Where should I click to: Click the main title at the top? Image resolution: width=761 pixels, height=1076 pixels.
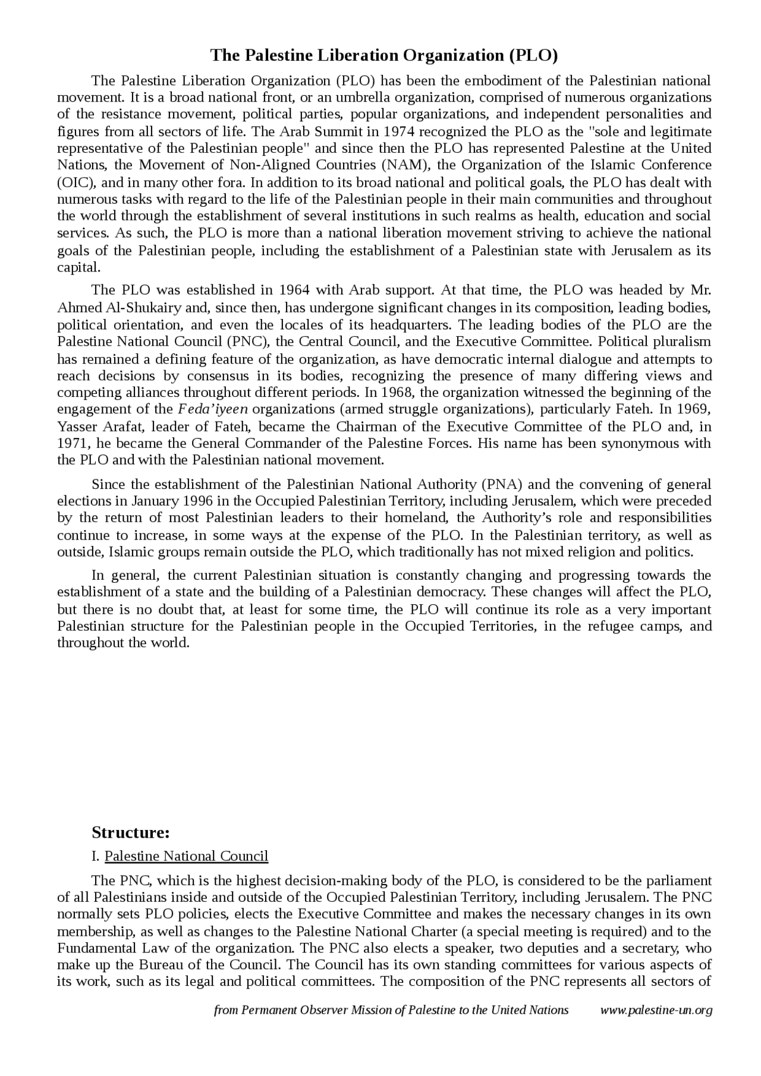384,55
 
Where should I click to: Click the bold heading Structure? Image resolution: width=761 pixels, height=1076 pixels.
131,832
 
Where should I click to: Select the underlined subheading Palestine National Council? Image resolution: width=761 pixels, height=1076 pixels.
186,856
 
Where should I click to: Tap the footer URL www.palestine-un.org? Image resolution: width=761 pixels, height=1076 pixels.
656,1010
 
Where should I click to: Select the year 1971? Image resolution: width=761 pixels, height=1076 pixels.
72,443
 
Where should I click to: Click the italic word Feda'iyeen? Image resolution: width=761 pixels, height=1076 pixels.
213,409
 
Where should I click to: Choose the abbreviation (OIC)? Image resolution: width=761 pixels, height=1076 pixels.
73,182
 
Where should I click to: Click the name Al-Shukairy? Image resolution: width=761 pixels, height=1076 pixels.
119,308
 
